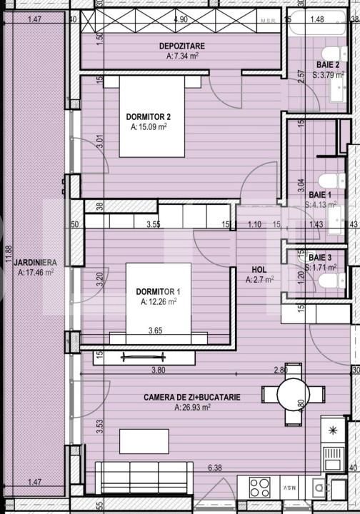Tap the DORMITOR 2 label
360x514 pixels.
point(149,117)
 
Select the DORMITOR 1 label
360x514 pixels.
point(158,291)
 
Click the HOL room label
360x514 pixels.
point(259,270)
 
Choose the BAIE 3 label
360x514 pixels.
point(320,257)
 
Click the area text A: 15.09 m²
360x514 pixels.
point(149,128)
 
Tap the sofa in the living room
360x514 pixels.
point(144,476)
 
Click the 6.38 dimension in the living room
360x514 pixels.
point(214,468)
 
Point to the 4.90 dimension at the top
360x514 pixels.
point(181,20)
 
